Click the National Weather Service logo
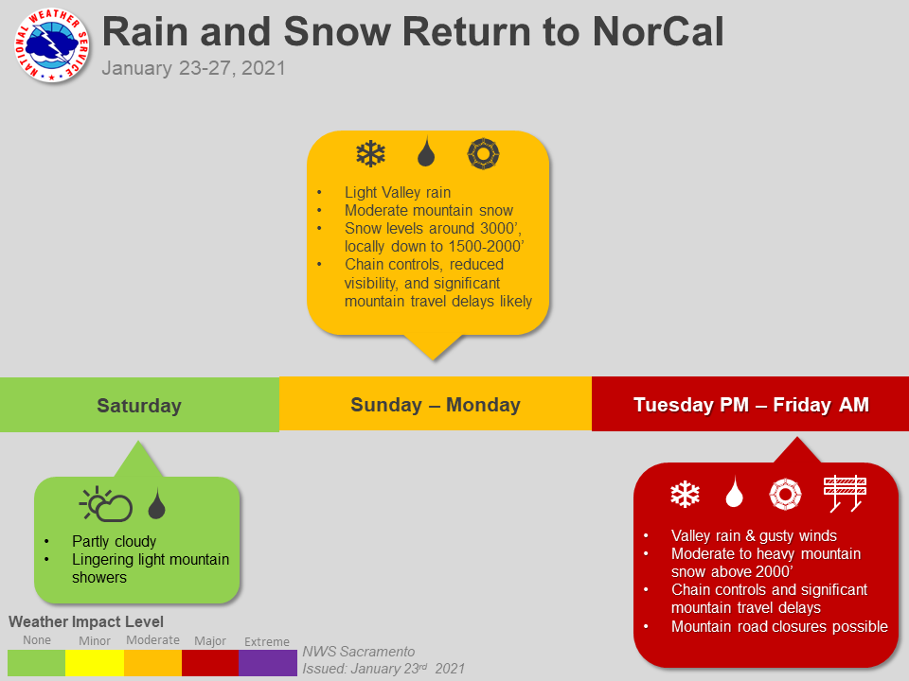pos(51,45)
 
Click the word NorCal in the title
pos(658,31)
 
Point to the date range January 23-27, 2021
pos(193,68)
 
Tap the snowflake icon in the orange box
pos(370,154)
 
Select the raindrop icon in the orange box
pos(426,151)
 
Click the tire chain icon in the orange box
pos(483,153)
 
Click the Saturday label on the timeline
pos(139,406)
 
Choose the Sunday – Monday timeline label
pos(436,404)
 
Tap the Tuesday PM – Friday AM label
pos(751,404)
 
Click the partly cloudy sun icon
pos(106,504)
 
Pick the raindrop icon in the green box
pos(156,503)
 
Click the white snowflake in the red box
pos(685,494)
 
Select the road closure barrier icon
pos(845,494)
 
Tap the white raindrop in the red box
pos(735,492)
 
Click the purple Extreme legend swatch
pos(268,663)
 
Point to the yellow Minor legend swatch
pos(95,663)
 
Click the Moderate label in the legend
pos(153,640)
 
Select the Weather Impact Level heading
pos(86,621)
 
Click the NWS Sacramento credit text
pos(359,652)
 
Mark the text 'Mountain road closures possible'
pos(779,626)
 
